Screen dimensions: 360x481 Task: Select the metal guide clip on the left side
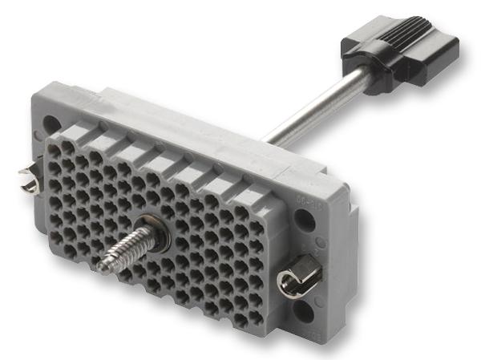[29, 179]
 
